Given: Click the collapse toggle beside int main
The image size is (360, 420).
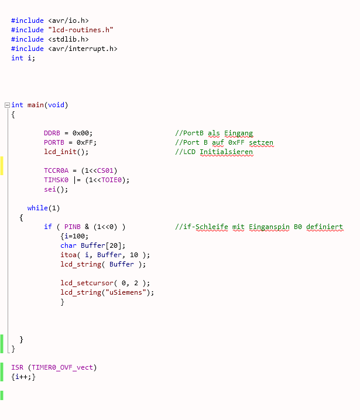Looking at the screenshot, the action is pyautogui.click(x=7, y=105).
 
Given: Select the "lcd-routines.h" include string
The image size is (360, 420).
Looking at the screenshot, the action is pyautogui.click(x=81, y=30).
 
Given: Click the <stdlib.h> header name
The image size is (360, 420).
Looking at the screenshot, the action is pyautogui.click(x=68, y=39).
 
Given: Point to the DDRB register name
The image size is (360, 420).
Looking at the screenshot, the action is pyautogui.click(x=52, y=133).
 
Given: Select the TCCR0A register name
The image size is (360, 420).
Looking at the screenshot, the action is pyautogui.click(x=56, y=170).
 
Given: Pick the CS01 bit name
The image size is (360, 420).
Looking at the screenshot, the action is pyautogui.click(x=105, y=170).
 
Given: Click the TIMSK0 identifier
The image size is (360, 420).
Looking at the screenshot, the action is pyautogui.click(x=56, y=180).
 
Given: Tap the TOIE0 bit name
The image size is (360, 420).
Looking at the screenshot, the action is pyautogui.click(x=111, y=180).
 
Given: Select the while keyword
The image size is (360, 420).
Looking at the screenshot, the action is pyautogui.click(x=37, y=208).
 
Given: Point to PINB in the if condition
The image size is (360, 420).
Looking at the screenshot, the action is pyautogui.click(x=73, y=227).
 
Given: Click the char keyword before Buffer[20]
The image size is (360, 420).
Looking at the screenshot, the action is pyautogui.click(x=68, y=245).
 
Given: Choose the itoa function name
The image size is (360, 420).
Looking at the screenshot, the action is pyautogui.click(x=68, y=255).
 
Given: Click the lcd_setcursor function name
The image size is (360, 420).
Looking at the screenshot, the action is pyautogui.click(x=87, y=283).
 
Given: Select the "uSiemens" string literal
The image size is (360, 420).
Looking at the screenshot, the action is pyautogui.click(x=126, y=292).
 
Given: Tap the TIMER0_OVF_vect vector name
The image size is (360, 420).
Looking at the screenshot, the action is pyautogui.click(x=63, y=367).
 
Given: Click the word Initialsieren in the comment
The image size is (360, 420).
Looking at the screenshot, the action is pyautogui.click(x=226, y=152).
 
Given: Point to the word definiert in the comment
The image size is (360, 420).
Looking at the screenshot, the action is pyautogui.click(x=325, y=227).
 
